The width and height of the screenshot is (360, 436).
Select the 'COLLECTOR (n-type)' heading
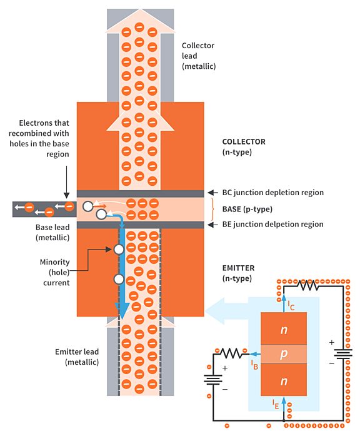click(244, 146)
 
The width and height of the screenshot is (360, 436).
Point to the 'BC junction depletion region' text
click(273, 193)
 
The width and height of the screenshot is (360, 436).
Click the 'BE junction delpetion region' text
click(272, 224)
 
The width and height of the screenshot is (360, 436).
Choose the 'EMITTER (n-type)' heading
click(239, 273)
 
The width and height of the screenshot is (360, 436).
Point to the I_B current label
click(254, 364)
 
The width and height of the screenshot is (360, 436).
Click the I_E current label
click(276, 404)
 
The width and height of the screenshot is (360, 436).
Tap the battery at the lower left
click(214, 379)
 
